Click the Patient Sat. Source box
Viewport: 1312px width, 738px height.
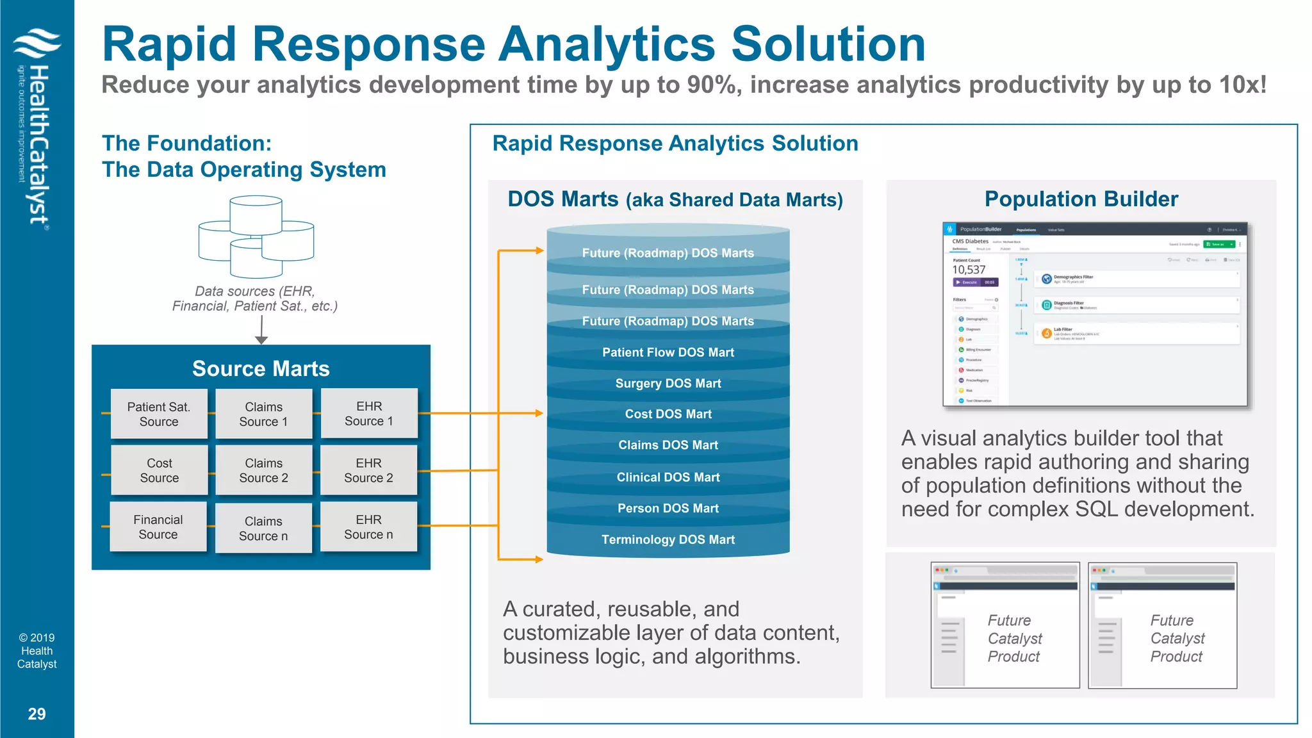[159, 414]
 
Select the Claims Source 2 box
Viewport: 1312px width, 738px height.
[263, 470]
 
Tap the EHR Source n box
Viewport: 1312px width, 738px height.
[368, 527]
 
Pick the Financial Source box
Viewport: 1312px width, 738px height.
[158, 527]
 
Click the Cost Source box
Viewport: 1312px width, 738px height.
[159, 470]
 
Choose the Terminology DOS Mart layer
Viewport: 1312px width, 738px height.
[668, 539]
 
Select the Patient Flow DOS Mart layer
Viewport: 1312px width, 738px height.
[668, 352]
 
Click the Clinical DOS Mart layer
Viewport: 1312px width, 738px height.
[668, 477]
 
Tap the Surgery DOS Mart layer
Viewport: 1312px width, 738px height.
[668, 383]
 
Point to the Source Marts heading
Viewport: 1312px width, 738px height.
[261, 368]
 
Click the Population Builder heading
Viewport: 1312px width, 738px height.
[1081, 199]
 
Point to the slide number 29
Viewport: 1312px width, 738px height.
[37, 714]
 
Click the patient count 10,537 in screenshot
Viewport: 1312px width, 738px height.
[968, 270]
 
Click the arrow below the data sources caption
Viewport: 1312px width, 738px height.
[261, 330]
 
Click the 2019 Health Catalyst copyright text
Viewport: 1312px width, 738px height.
[37, 651]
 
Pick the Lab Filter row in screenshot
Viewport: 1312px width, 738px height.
[1136, 333]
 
